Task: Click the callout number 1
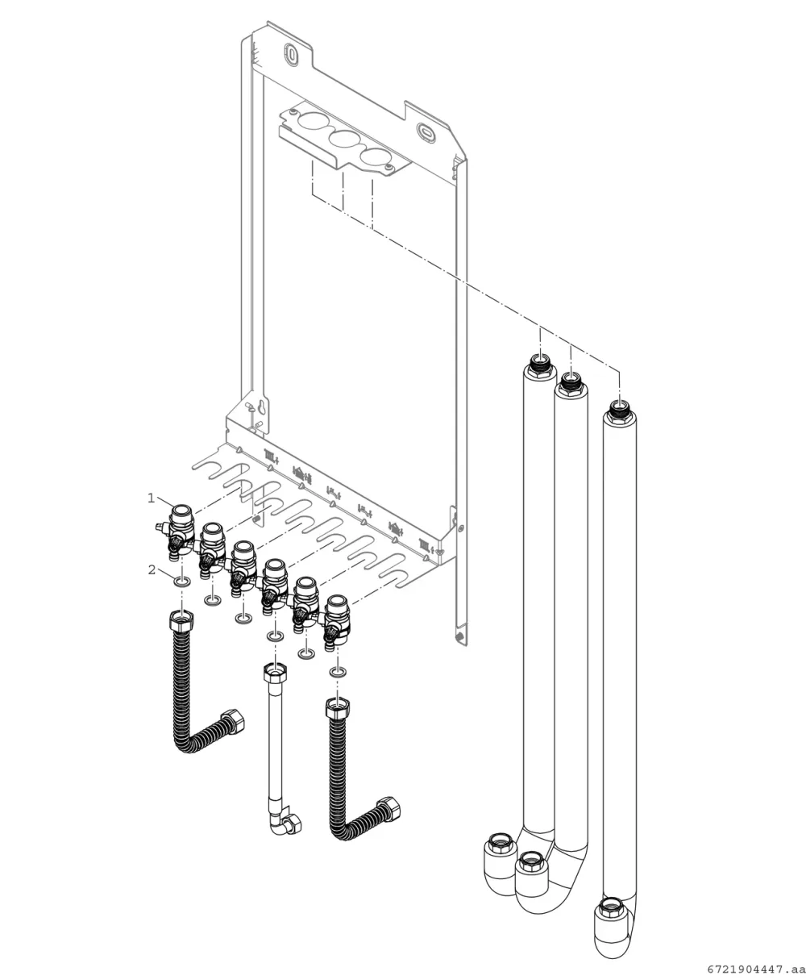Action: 151,498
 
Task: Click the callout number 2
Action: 152,569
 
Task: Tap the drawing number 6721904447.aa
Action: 756,969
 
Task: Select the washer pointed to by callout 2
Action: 182,582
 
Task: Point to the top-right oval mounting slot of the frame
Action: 425,130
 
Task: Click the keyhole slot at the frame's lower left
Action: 264,405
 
